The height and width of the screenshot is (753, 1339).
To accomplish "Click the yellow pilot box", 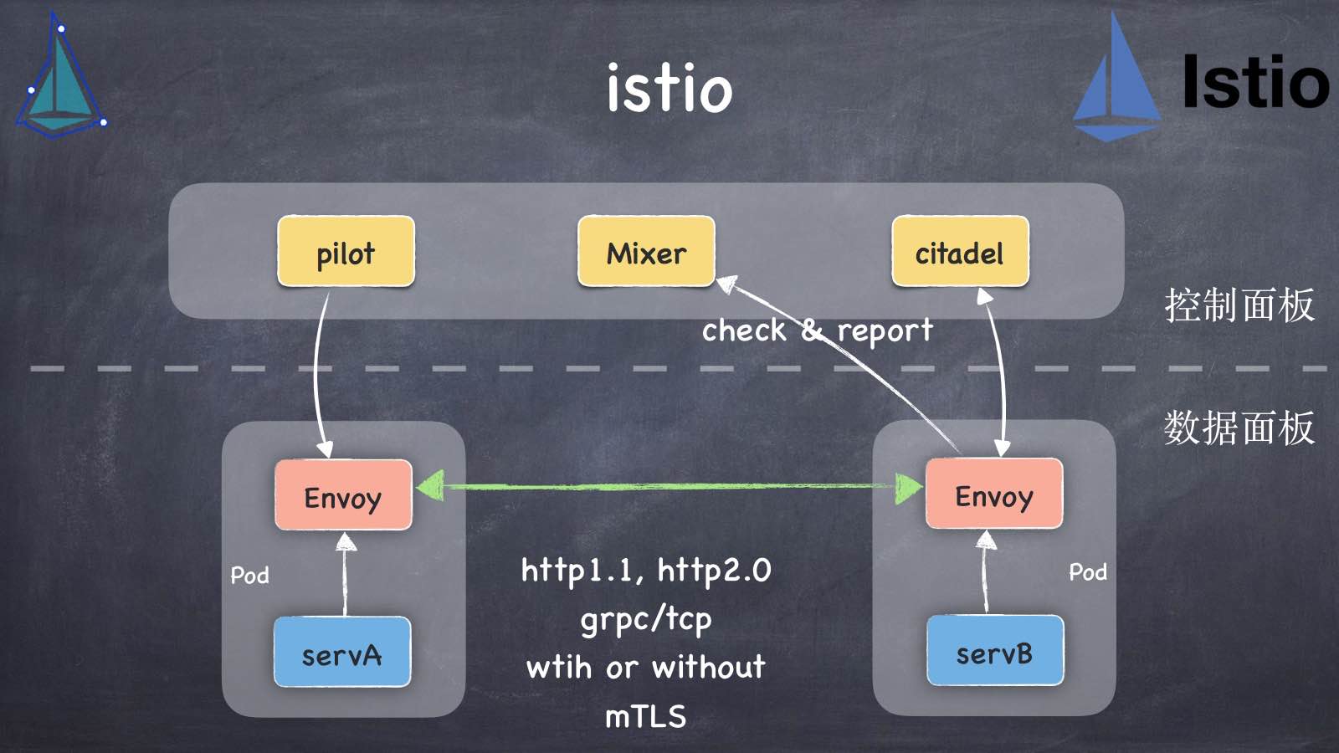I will click(346, 252).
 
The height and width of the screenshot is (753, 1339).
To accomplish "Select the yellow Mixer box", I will click(646, 252).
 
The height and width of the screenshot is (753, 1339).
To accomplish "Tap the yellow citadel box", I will click(960, 252).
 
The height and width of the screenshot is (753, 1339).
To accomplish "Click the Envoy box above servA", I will click(343, 495).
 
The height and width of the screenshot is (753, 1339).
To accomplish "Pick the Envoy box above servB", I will click(994, 494).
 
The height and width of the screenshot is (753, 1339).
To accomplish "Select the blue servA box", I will click(342, 653).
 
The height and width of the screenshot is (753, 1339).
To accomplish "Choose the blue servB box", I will click(995, 651).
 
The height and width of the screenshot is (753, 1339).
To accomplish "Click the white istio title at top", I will click(669, 87).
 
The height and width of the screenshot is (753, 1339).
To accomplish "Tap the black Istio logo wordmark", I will click(1255, 82).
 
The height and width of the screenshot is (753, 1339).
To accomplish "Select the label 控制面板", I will click(1239, 305).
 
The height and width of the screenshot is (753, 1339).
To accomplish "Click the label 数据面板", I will click(1239, 428).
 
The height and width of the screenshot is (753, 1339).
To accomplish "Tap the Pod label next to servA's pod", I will click(249, 576).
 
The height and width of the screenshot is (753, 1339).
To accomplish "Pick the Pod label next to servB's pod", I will click(1088, 572).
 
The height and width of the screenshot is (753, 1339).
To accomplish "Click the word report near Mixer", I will click(885, 331).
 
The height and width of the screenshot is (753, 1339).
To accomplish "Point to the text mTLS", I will click(645, 717).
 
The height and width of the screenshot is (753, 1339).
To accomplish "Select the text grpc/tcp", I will click(645, 620).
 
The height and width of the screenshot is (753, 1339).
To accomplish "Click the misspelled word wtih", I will click(558, 668).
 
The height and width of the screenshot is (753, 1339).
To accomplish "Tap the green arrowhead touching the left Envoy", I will click(430, 486).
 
